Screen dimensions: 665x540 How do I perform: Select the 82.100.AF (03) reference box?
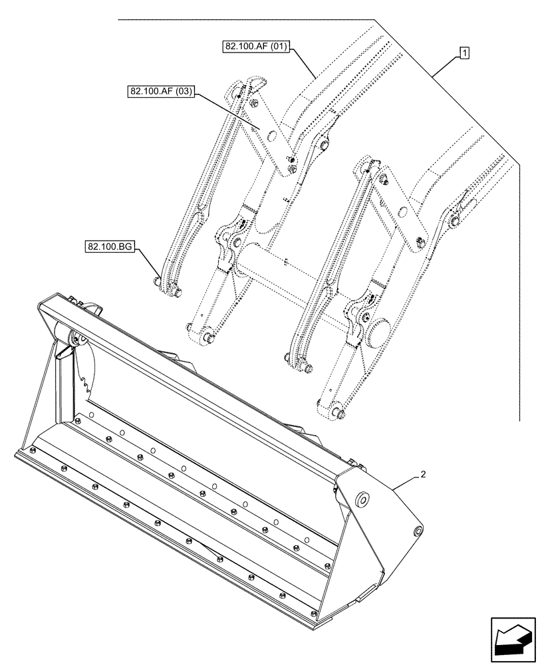[x=158, y=92]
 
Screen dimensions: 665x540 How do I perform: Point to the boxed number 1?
[x=464, y=53]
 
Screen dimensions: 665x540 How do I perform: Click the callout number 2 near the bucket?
[x=422, y=475]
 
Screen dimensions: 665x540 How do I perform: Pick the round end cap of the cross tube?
[x=381, y=330]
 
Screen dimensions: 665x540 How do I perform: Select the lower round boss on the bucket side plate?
[x=418, y=531]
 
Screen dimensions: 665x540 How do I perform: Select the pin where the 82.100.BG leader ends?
[x=157, y=282]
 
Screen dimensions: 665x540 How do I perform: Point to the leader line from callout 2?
[x=405, y=482]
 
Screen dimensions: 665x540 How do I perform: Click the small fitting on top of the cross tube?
[x=284, y=261]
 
